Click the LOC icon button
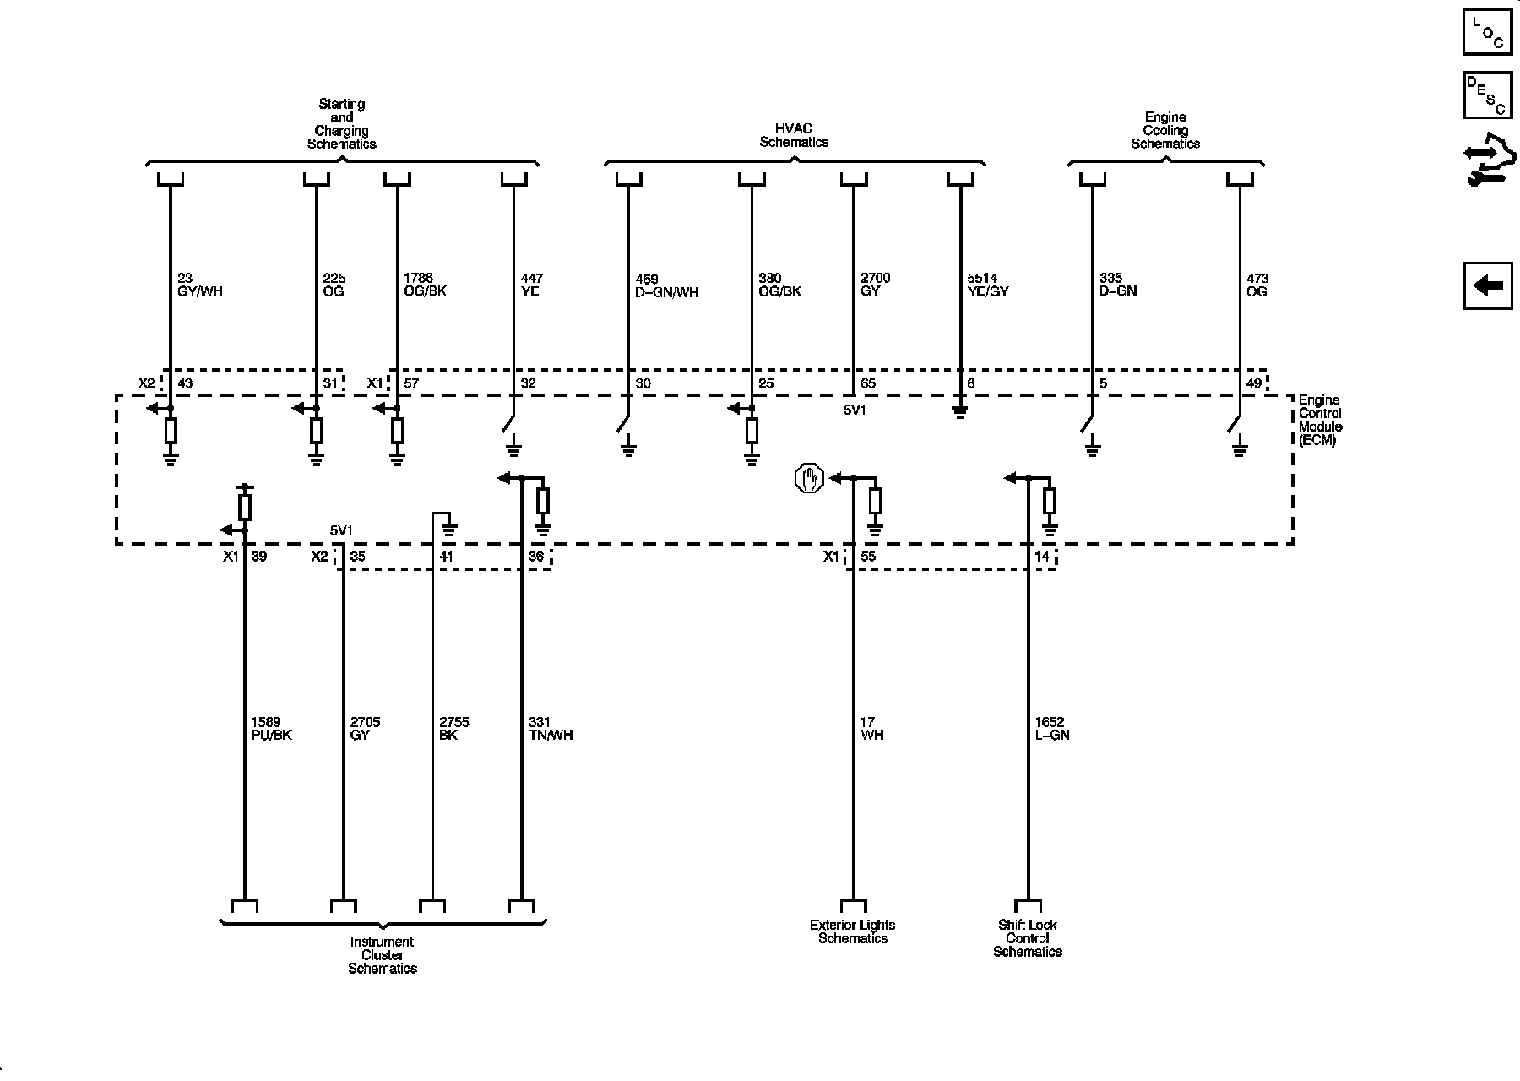(1487, 31)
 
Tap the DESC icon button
(1487, 95)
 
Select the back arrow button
(1487, 285)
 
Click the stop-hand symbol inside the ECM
(809, 479)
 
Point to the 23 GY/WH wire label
(199, 285)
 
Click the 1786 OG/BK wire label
(425, 285)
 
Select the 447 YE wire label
(532, 285)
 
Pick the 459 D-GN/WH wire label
(666, 286)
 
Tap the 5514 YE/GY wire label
(987, 285)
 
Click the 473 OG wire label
(1257, 285)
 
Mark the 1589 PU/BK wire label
(271, 729)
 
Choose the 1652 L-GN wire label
(1051, 729)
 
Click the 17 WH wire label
(871, 729)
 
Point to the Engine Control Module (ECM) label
(1320, 420)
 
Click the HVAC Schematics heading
(793, 136)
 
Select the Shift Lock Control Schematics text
(1027, 938)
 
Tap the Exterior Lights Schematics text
(852, 932)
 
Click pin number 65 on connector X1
(868, 383)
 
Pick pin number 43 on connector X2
(185, 383)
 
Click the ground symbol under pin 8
(959, 413)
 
